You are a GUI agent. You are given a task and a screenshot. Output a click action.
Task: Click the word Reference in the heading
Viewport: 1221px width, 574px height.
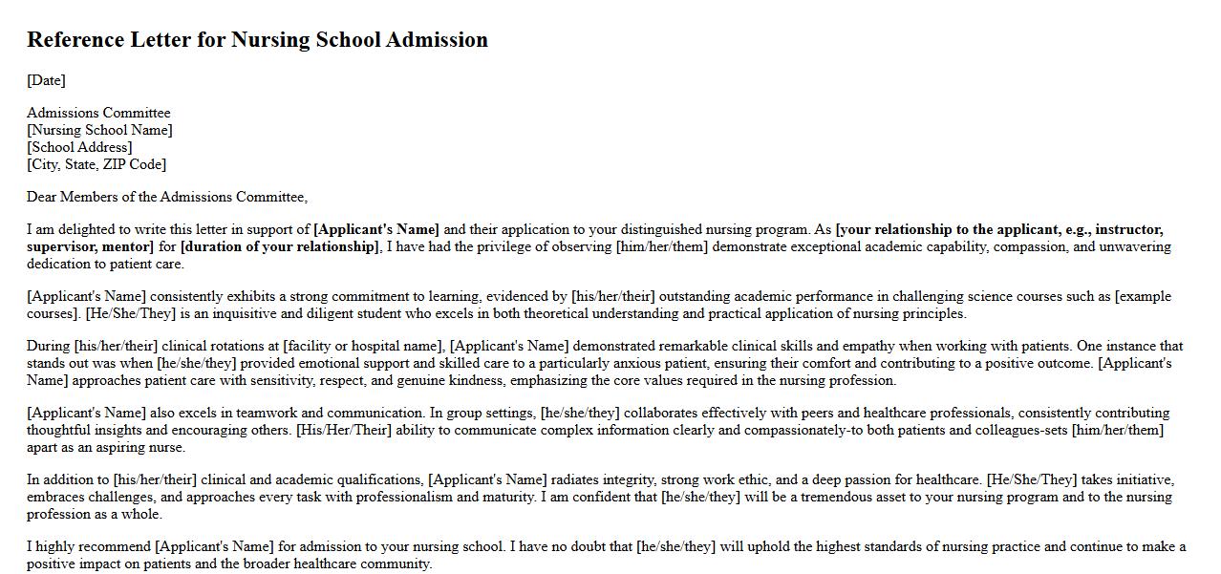[x=75, y=40]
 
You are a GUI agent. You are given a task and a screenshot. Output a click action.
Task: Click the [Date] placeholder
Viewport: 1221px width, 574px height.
[x=46, y=80]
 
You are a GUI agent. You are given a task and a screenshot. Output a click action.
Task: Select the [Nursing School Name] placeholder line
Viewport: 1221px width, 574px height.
[x=99, y=130]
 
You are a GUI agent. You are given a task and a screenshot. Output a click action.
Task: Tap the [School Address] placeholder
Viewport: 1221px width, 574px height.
[x=79, y=147]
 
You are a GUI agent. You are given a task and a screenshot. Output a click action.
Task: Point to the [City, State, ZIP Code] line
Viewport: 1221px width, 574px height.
[x=96, y=164]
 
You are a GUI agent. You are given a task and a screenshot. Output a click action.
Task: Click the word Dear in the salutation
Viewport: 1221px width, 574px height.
[x=42, y=197]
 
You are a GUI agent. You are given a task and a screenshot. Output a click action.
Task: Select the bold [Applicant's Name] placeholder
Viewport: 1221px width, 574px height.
[x=376, y=229]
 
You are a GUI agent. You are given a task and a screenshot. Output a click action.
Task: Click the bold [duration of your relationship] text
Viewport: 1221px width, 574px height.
[x=280, y=246]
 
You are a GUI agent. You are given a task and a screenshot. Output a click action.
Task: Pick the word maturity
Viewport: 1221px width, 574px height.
[x=501, y=497]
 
